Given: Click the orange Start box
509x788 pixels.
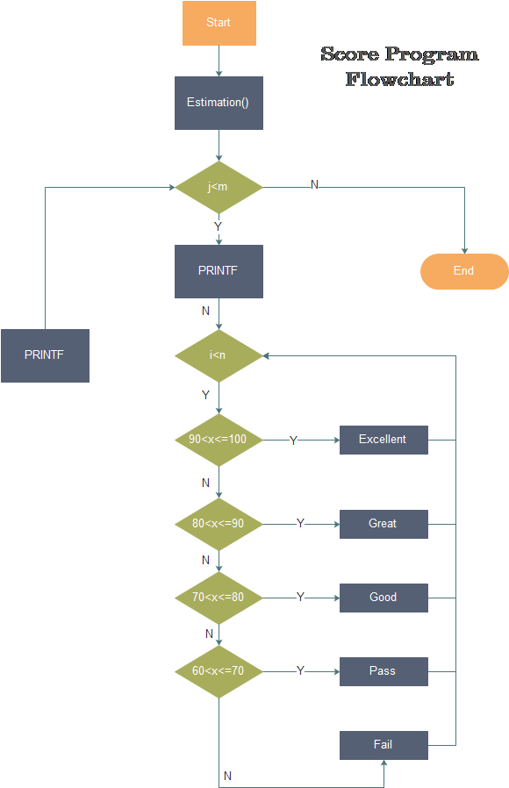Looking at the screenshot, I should point(219,23).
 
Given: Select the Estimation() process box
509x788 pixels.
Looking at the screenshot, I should point(219,103).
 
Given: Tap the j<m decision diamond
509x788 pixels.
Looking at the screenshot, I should point(219,187).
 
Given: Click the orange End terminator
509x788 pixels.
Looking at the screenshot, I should point(464,271).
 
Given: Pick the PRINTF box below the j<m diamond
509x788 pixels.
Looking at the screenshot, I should point(219,271).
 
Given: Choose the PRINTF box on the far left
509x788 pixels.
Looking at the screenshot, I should point(45,355).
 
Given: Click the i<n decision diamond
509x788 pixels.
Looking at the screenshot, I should point(219,355).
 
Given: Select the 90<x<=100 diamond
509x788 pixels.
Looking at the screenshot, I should point(219,440).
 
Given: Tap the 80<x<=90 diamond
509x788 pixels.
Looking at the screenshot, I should point(219,524).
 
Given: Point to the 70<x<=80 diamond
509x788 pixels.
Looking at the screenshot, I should point(219,598).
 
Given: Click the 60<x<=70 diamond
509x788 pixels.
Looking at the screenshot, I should point(219,671).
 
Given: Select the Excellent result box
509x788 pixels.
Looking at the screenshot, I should point(384,440).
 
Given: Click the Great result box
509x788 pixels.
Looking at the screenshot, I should point(384,524).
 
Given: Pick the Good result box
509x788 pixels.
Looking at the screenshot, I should point(384,598).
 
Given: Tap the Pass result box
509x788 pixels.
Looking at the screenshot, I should point(384,671).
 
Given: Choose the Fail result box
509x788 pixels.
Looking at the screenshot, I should point(384,745).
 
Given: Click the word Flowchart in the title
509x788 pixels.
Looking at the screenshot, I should point(399,79).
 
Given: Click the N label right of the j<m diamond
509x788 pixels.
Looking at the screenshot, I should point(314,185).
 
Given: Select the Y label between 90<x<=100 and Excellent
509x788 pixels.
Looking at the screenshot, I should point(293,441).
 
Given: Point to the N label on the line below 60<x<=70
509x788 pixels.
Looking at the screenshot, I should point(227,777).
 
